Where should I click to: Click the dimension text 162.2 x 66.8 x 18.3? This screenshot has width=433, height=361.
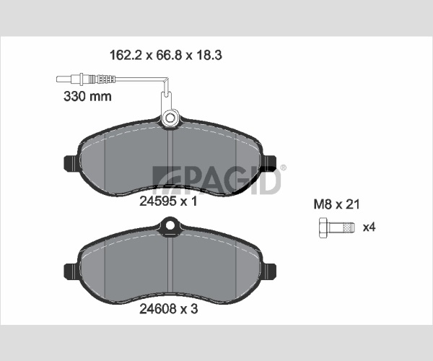(x=166, y=56)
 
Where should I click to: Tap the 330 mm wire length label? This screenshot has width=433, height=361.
(x=87, y=97)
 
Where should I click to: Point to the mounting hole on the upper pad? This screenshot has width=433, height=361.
(x=170, y=118)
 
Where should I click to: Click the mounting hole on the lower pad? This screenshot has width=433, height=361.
(x=170, y=225)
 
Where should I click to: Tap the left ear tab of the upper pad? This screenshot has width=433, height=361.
(x=71, y=163)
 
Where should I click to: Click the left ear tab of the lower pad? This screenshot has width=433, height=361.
(x=71, y=271)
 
